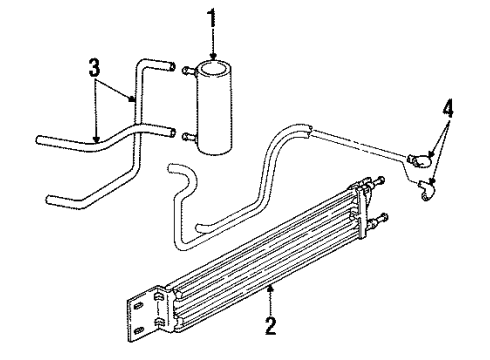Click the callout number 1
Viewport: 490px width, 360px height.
coord(210,17)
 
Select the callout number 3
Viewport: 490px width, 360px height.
coord(94,67)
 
